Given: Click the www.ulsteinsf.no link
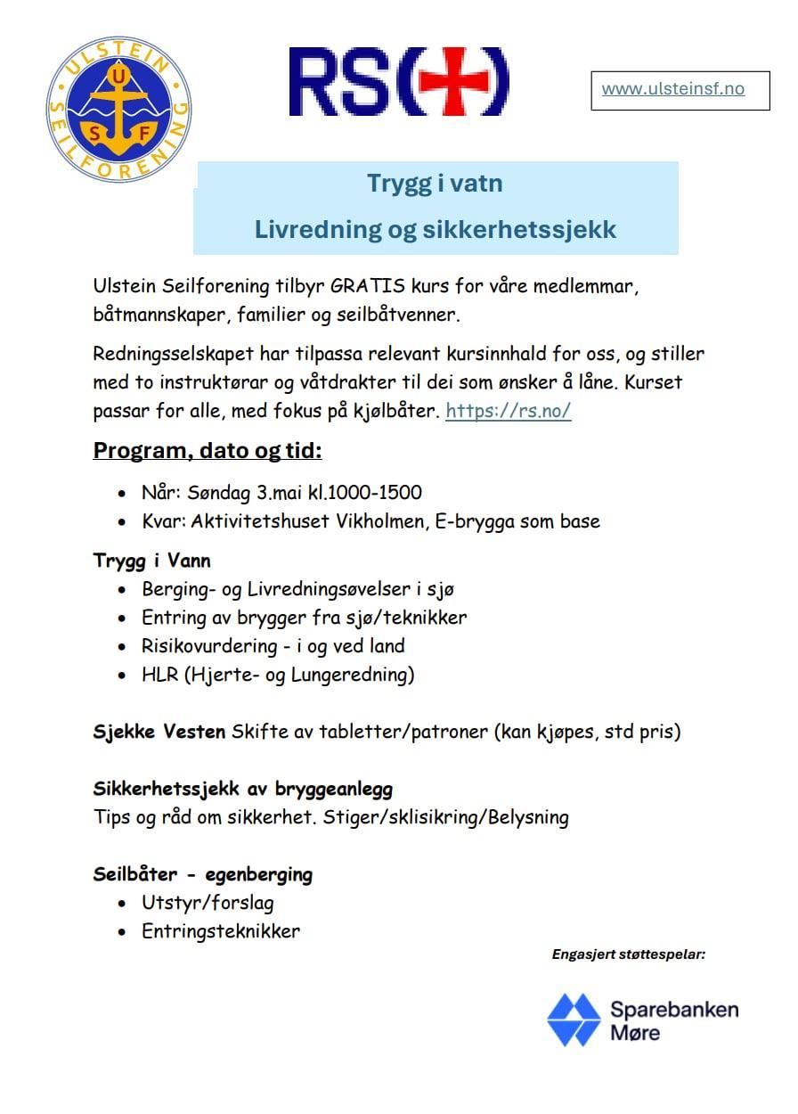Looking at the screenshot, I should tap(672, 89).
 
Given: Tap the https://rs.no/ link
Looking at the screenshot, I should tap(508, 412).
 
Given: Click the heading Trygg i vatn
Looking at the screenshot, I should tap(435, 184).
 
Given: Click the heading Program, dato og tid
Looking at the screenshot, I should tap(208, 450).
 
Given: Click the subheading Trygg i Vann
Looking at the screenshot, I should tap(152, 561).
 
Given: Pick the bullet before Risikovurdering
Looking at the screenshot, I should tap(122, 647).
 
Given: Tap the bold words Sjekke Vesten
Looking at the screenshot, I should tap(159, 733).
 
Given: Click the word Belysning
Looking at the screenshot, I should tap(527, 817).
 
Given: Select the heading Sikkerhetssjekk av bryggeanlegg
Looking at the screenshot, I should tap(243, 789).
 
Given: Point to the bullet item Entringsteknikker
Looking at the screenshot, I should tap(221, 932).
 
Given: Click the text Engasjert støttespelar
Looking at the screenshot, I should tap(629, 954).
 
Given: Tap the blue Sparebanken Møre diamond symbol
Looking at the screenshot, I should tap(574, 1020).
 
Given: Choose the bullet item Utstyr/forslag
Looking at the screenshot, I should tap(208, 903).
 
